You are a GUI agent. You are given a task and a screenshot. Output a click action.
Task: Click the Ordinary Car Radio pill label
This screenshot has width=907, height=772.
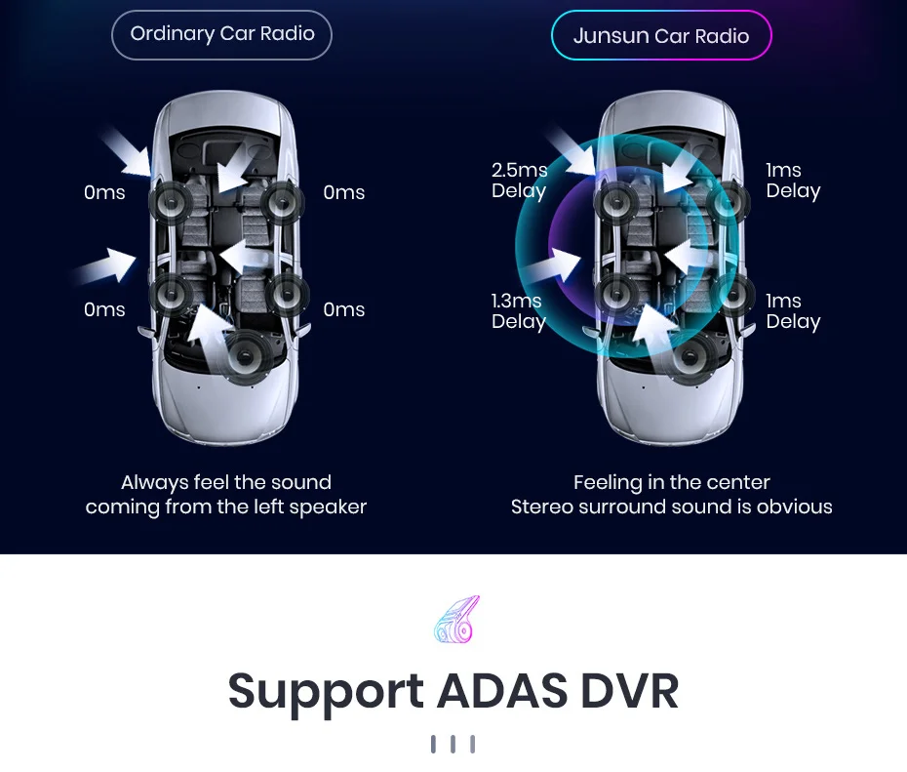[221, 35]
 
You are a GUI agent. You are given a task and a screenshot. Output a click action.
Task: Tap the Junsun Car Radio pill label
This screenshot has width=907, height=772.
[661, 37]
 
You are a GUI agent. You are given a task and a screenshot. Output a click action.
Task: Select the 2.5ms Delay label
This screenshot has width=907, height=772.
[519, 181]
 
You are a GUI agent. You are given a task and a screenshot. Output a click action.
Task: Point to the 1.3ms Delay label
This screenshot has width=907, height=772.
[518, 311]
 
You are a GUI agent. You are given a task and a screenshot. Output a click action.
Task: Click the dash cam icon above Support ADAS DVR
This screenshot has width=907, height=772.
[455, 619]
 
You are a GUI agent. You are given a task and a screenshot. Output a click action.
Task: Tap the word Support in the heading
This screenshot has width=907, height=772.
[326, 692]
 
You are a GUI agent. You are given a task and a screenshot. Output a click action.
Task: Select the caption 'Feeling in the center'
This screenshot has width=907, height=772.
[671, 482]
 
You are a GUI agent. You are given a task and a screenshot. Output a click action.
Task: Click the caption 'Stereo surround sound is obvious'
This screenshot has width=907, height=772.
[671, 507]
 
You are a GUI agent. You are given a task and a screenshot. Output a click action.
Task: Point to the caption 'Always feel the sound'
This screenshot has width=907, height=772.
[225, 482]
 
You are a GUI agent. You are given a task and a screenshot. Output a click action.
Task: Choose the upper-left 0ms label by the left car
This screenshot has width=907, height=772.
[104, 193]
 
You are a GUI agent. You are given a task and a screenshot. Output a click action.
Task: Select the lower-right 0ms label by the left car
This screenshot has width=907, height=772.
[343, 310]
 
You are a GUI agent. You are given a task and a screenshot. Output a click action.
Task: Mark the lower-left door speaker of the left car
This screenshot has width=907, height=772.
[172, 293]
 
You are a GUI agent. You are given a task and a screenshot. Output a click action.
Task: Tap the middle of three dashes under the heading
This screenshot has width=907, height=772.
[453, 745]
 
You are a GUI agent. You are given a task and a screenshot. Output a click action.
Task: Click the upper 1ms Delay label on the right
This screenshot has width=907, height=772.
[792, 181]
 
